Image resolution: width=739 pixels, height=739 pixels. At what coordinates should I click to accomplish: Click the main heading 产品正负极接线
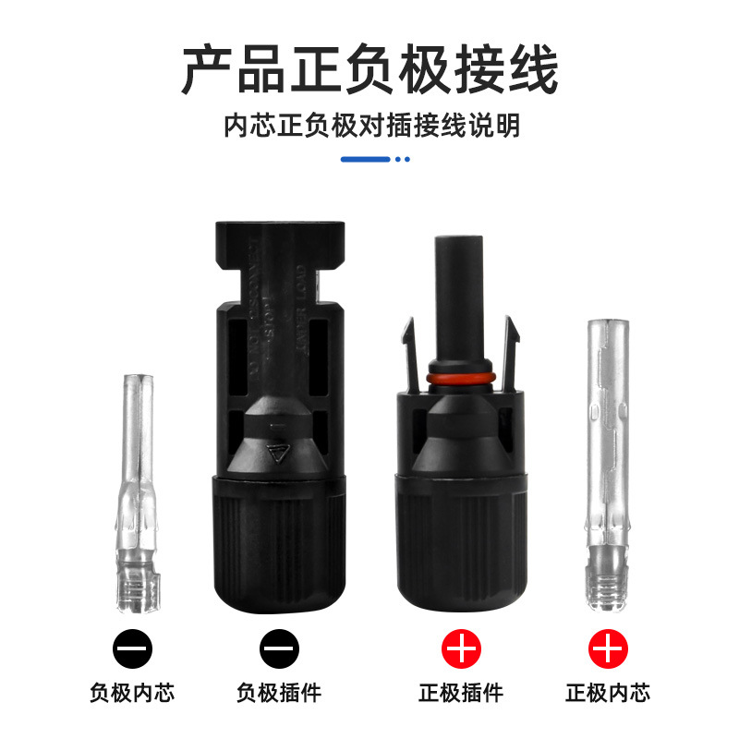(x=369, y=71)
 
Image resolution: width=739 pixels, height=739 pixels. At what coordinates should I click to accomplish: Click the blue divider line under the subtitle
(x=366, y=159)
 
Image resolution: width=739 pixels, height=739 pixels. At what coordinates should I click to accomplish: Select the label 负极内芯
(x=132, y=692)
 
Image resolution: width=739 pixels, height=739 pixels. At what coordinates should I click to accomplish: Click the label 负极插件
(x=279, y=692)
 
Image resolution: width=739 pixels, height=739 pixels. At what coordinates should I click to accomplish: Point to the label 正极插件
(x=461, y=692)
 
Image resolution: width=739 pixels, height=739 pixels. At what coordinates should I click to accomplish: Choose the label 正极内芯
(x=608, y=692)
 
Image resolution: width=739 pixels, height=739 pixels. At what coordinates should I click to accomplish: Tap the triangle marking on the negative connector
(x=275, y=454)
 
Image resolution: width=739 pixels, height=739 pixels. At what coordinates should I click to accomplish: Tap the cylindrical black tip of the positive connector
(x=461, y=286)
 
